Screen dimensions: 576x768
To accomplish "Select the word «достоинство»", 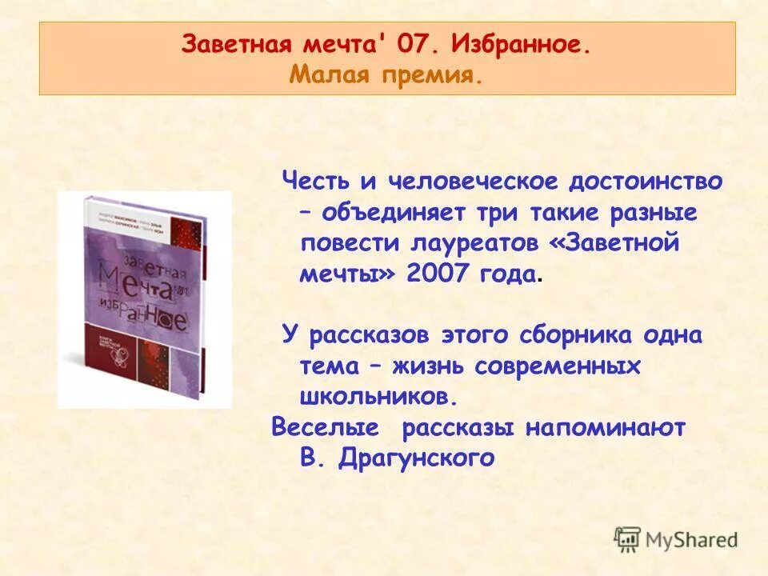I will pos(645,182).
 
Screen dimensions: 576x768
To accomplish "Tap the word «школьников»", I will pos(379,396).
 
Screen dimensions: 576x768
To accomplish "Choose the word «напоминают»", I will pos(606,428).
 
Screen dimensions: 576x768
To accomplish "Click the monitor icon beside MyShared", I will pos(628,538).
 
